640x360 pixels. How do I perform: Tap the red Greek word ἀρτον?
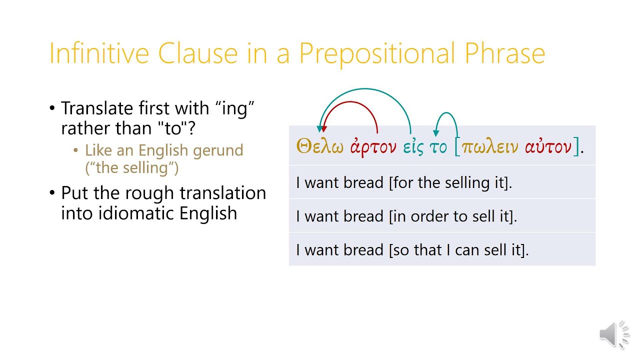373,147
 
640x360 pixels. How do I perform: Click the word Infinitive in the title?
100,53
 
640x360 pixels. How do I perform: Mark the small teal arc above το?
447,116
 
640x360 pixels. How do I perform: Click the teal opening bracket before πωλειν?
457,147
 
